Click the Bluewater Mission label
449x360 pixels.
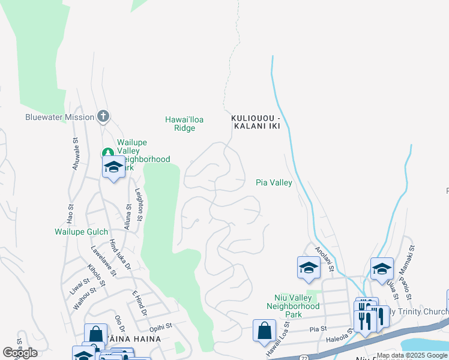click(59, 117)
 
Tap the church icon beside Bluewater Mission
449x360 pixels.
click(103, 116)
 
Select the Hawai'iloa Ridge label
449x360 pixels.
click(184, 124)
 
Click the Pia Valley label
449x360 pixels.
click(274, 182)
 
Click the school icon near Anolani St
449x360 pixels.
click(309, 268)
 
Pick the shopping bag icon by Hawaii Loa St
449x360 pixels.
click(264, 331)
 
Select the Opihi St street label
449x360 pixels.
click(160, 325)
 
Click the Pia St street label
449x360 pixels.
click(318, 329)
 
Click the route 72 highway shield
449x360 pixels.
click(303, 356)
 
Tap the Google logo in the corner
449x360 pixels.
click(20, 353)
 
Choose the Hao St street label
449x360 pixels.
click(70, 211)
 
